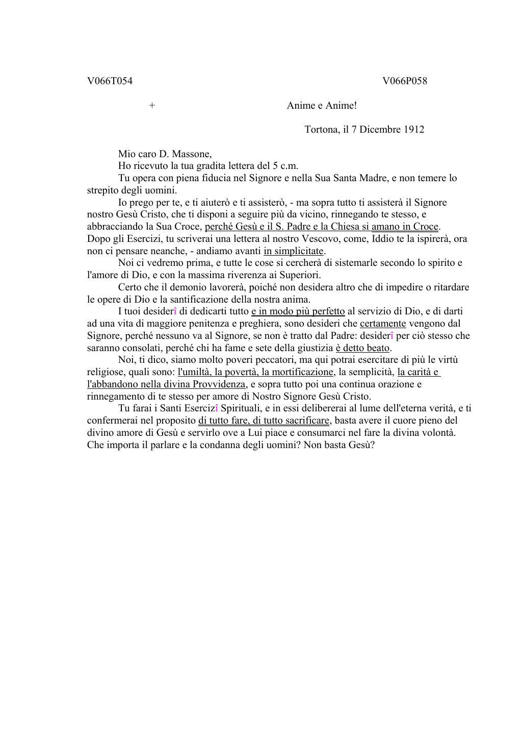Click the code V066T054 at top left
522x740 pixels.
110,81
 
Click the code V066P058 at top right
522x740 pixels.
405,81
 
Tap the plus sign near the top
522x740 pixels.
152,105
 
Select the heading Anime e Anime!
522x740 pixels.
322,105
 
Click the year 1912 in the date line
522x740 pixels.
413,129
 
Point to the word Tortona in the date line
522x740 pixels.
321,129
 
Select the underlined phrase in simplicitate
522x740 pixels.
294,251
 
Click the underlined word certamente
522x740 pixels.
383,323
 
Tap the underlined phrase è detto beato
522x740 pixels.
362,348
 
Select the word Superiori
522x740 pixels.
301,275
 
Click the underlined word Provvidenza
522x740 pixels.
220,384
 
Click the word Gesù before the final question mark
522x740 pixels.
361,445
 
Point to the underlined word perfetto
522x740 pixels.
328,311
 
